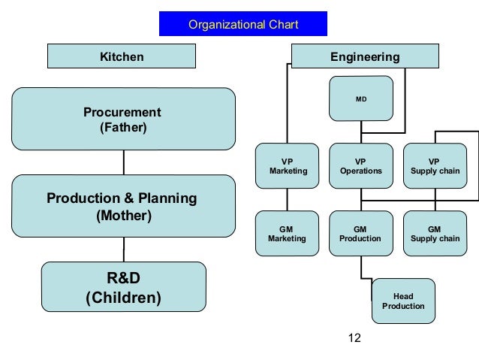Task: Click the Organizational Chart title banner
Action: [243, 25]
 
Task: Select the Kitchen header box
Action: [122, 56]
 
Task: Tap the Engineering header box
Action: [365, 56]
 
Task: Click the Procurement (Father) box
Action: [123, 119]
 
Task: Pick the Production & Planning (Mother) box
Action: [123, 207]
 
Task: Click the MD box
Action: [360, 98]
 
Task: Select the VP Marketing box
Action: [288, 166]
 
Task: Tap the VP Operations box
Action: [360, 166]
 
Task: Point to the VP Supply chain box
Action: [435, 166]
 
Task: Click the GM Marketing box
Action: [288, 234]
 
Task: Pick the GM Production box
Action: [360, 234]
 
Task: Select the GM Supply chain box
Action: [435, 234]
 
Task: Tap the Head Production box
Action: [403, 301]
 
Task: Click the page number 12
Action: [355, 338]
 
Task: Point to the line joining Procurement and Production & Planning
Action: [124, 162]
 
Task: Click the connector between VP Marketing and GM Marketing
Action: [288, 200]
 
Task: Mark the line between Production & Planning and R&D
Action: [124, 250]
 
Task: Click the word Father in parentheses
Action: [124, 128]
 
